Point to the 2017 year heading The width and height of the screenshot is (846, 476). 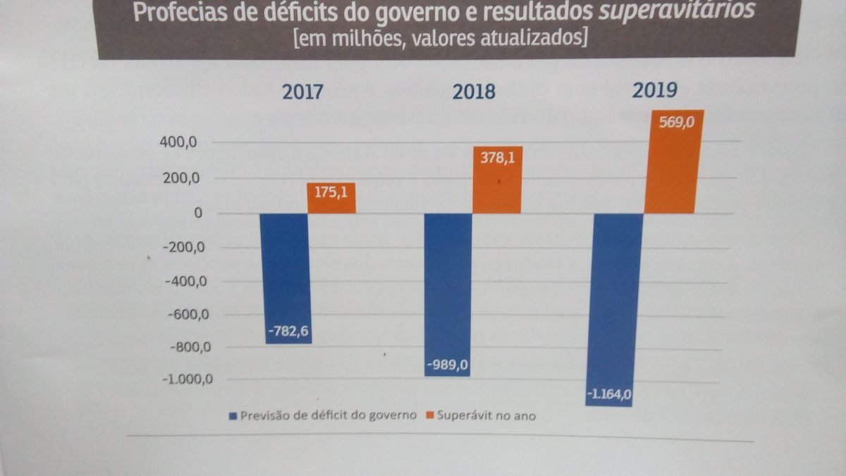click(303, 92)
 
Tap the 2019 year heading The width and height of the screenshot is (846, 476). click(654, 90)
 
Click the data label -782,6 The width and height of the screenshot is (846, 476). click(288, 330)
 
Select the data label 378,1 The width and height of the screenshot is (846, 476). click(498, 158)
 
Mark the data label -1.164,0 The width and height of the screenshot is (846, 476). click(609, 395)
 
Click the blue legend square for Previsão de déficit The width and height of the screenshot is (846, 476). click(232, 415)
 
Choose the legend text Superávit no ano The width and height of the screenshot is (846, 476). click(486, 415)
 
